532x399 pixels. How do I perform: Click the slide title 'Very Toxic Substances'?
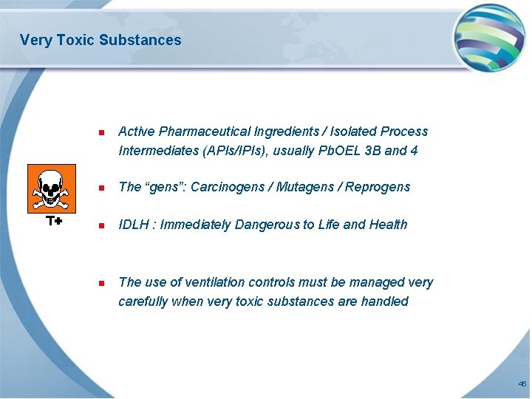(x=100, y=40)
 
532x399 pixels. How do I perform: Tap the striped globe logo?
(x=488, y=37)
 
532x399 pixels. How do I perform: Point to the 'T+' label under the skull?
(x=53, y=221)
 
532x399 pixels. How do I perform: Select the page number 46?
(x=522, y=384)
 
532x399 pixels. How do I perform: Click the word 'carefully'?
(x=143, y=301)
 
